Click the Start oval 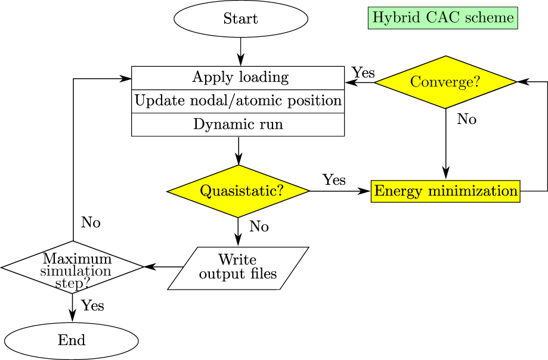(240, 18)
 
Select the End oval (72, 340)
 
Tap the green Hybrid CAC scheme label (442, 17)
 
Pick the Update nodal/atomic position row (238, 101)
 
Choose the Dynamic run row (238, 125)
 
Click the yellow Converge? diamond (445, 82)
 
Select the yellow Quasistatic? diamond (239, 191)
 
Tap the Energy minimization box (445, 191)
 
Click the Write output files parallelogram (238, 268)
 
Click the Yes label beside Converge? (363, 73)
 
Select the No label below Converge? (466, 120)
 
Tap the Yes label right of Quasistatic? (334, 180)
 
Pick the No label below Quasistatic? (259, 227)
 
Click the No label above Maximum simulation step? (91, 223)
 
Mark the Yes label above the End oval (92, 306)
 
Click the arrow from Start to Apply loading (240, 51)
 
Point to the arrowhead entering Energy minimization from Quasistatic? (366, 191)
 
